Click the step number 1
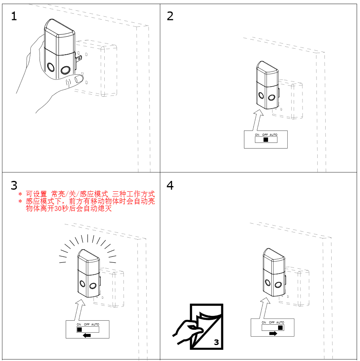14,16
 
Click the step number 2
170,16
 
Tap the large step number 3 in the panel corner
14,186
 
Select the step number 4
170,186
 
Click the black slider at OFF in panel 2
266,140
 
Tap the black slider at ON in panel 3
80,330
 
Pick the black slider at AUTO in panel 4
280,327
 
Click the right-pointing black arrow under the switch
273,333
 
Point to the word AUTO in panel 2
273,135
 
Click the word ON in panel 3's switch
79,324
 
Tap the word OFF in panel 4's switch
272,322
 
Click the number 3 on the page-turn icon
216,342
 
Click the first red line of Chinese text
90,194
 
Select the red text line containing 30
68,208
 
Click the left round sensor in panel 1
51,67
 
